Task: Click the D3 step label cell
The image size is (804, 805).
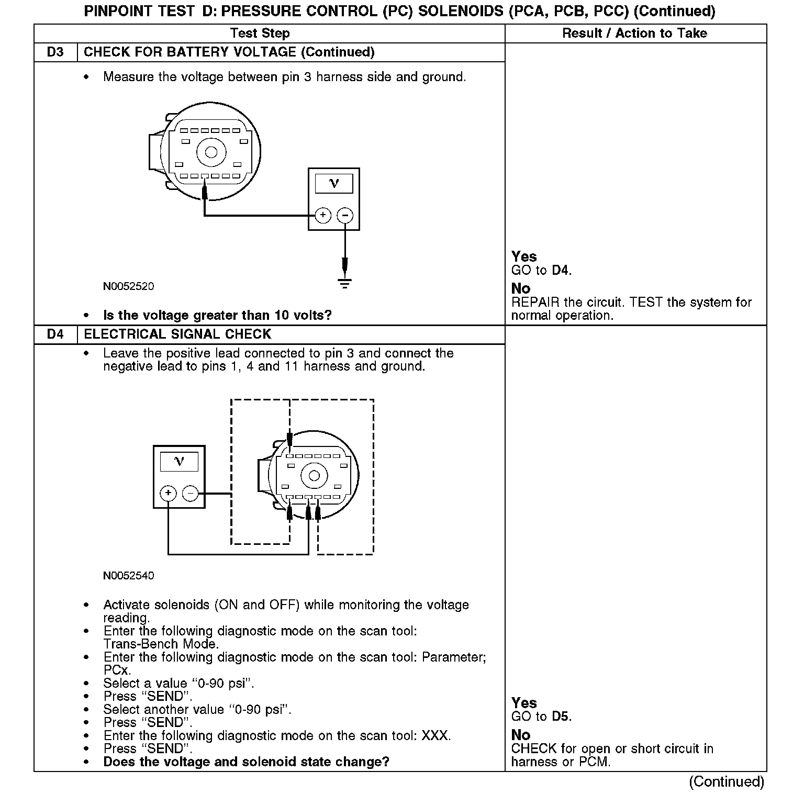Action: pyautogui.click(x=55, y=52)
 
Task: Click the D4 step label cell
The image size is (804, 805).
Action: pyautogui.click(x=55, y=334)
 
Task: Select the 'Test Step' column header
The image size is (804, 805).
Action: pyautogui.click(x=260, y=33)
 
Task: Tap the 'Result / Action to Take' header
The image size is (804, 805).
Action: pyautogui.click(x=634, y=33)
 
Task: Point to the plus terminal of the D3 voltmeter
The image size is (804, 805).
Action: pyautogui.click(x=323, y=215)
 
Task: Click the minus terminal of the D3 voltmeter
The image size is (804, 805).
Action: pyautogui.click(x=344, y=215)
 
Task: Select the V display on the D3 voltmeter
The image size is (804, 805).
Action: pyautogui.click(x=333, y=184)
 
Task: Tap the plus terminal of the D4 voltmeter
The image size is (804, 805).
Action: pyautogui.click(x=168, y=493)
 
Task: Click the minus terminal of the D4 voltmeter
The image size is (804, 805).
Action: pyautogui.click(x=190, y=493)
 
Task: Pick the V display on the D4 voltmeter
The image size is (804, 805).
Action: pyautogui.click(x=179, y=462)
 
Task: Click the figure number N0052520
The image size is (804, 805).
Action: pyautogui.click(x=128, y=287)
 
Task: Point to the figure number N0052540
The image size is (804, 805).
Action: pyautogui.click(x=128, y=576)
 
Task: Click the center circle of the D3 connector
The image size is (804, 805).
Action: pyautogui.click(x=211, y=152)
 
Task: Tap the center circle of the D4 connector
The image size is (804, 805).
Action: pyautogui.click(x=314, y=476)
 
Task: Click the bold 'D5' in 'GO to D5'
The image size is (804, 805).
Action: pyautogui.click(x=561, y=717)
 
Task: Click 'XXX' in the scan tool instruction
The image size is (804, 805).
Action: pyautogui.click(x=435, y=736)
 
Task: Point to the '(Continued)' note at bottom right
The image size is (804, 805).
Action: pyautogui.click(x=727, y=782)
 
